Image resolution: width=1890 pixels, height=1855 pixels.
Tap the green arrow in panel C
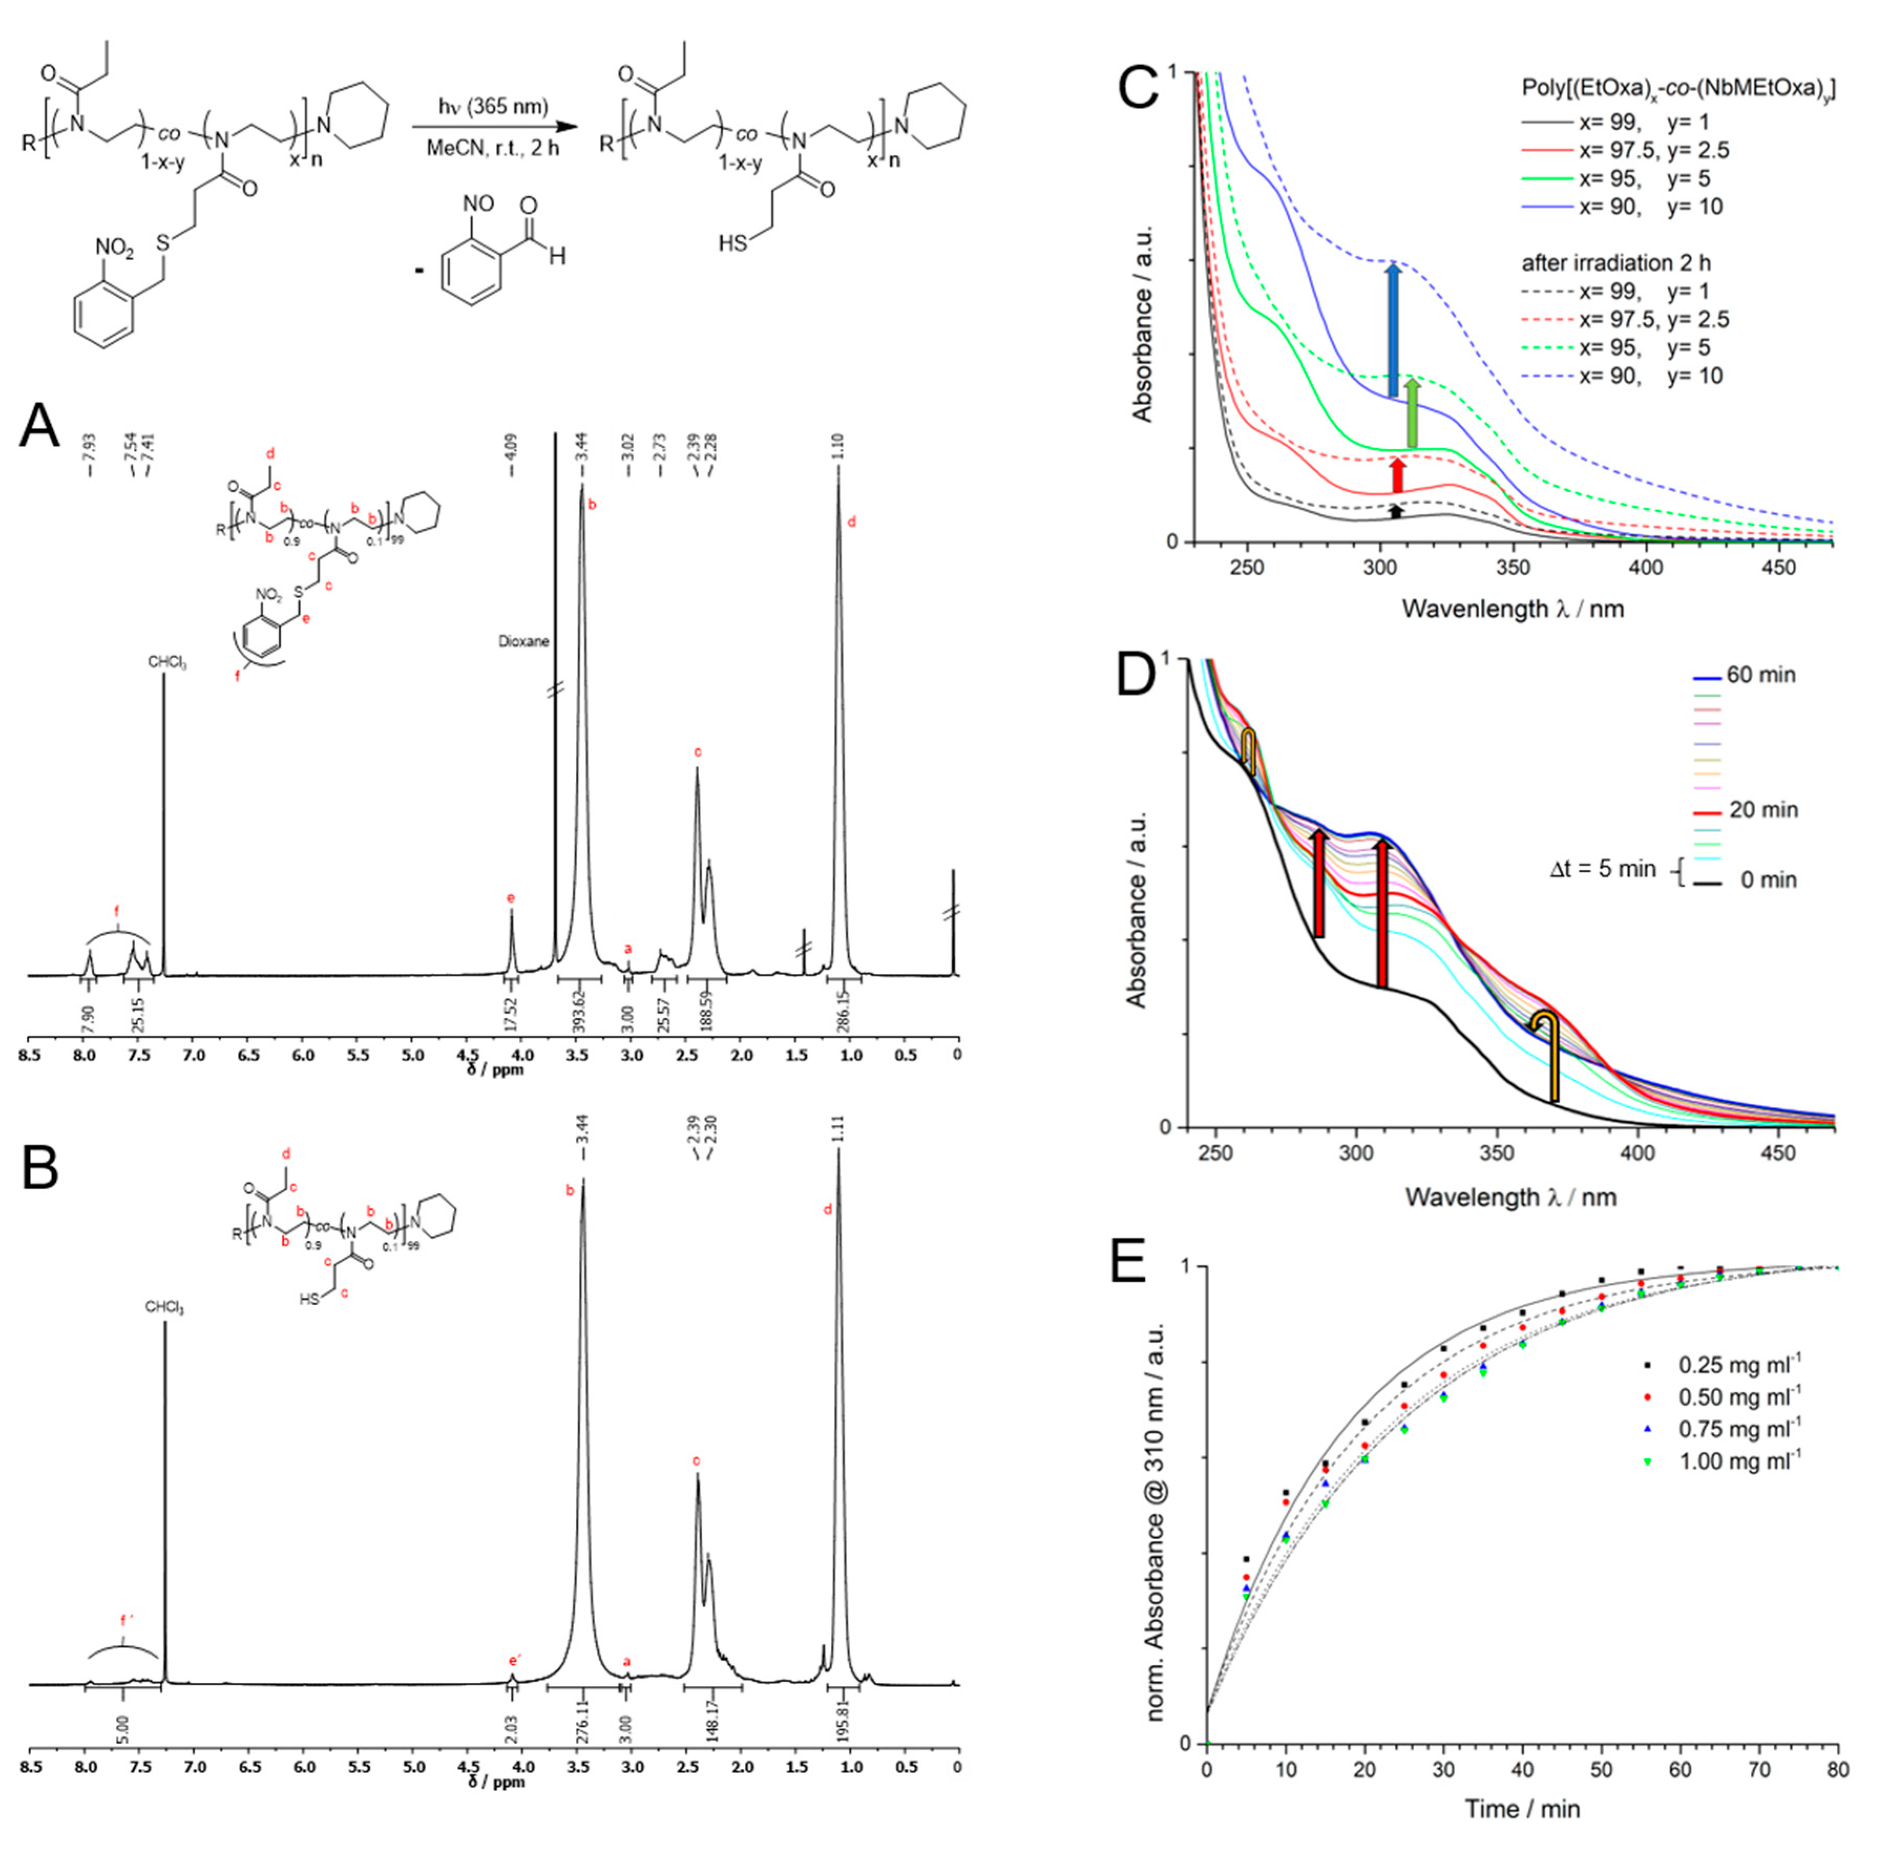click(x=1412, y=414)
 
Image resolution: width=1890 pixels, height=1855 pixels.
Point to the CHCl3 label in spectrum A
click(x=166, y=662)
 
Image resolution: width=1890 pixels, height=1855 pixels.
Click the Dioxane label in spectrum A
click(x=523, y=641)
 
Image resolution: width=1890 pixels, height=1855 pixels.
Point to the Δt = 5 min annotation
click(x=1602, y=868)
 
